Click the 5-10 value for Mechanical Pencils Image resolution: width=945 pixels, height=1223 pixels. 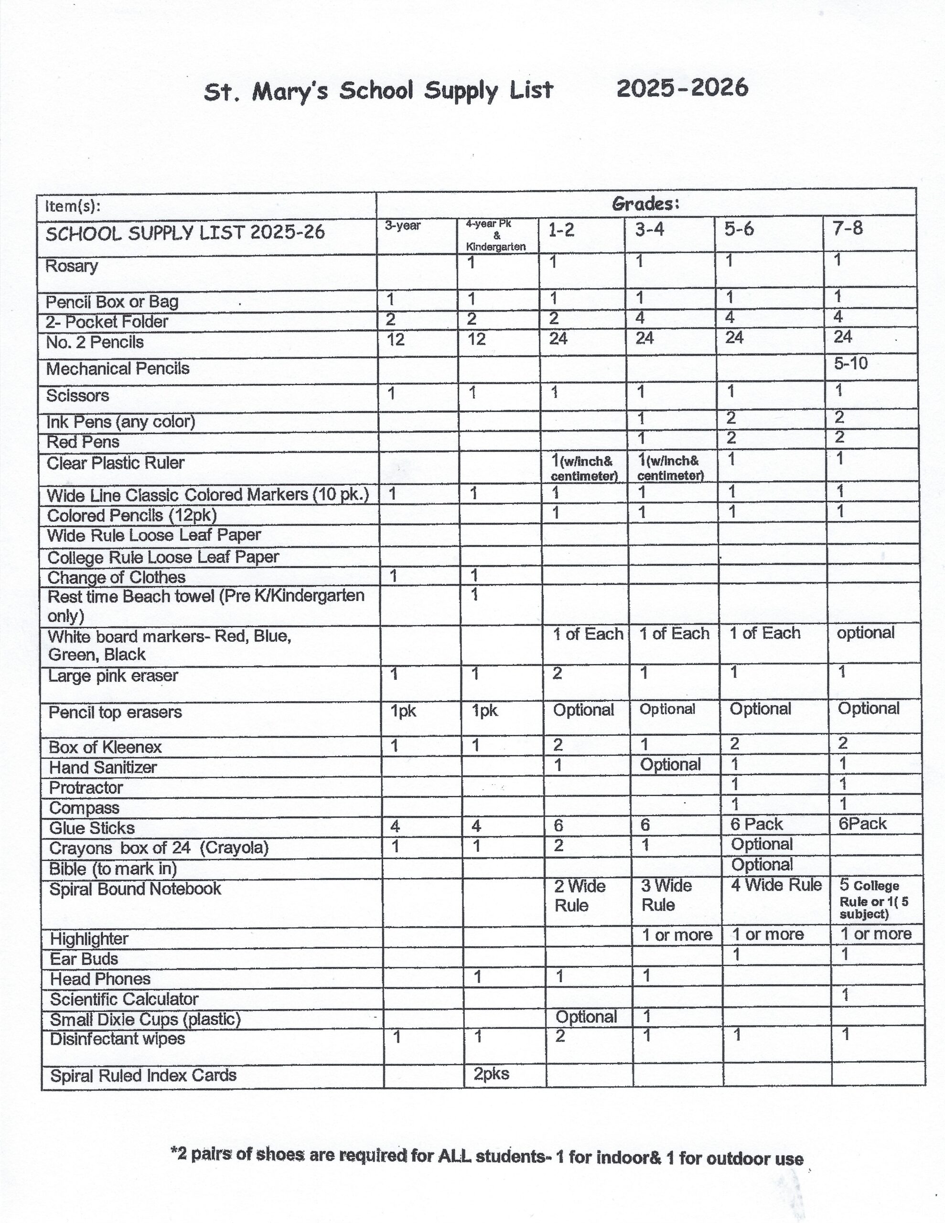point(850,364)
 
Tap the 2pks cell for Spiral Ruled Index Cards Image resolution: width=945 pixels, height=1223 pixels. point(491,1073)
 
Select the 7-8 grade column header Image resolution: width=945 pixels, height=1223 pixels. point(848,228)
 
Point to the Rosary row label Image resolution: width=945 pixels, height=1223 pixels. point(72,266)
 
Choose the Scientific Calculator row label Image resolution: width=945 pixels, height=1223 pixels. point(124,999)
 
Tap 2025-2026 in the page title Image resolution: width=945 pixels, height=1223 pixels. point(682,88)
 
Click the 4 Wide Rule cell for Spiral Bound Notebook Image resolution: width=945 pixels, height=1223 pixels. point(776,885)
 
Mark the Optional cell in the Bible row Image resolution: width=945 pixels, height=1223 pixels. point(762,865)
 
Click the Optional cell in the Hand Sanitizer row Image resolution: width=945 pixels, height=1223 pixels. point(670,764)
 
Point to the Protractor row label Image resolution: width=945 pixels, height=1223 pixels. point(86,788)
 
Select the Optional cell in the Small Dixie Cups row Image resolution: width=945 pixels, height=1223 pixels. point(586,1016)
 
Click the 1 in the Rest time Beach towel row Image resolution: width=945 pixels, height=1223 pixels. point(474,594)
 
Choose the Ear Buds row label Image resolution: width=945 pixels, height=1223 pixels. point(84,959)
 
